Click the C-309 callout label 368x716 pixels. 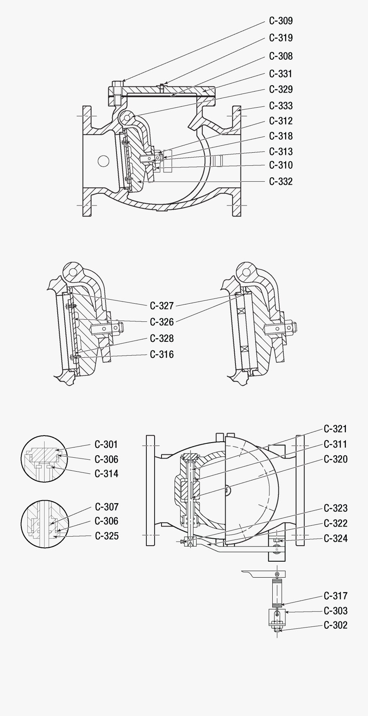(280, 21)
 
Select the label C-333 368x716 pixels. (280, 106)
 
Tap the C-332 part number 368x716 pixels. (280, 181)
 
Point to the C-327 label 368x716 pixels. (162, 306)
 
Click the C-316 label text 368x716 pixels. (162, 355)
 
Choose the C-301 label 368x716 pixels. (106, 445)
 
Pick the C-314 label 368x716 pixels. (106, 474)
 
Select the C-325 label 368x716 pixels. (107, 536)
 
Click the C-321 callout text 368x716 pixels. (335, 429)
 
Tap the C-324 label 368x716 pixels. (335, 538)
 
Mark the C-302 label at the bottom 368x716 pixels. (335, 625)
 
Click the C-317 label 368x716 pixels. (335, 596)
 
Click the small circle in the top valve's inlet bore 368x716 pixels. (103, 160)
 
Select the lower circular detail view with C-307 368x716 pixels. (43, 523)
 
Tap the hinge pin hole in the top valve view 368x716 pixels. (127, 117)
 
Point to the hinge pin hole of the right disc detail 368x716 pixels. (247, 272)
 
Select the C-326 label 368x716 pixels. (162, 322)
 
